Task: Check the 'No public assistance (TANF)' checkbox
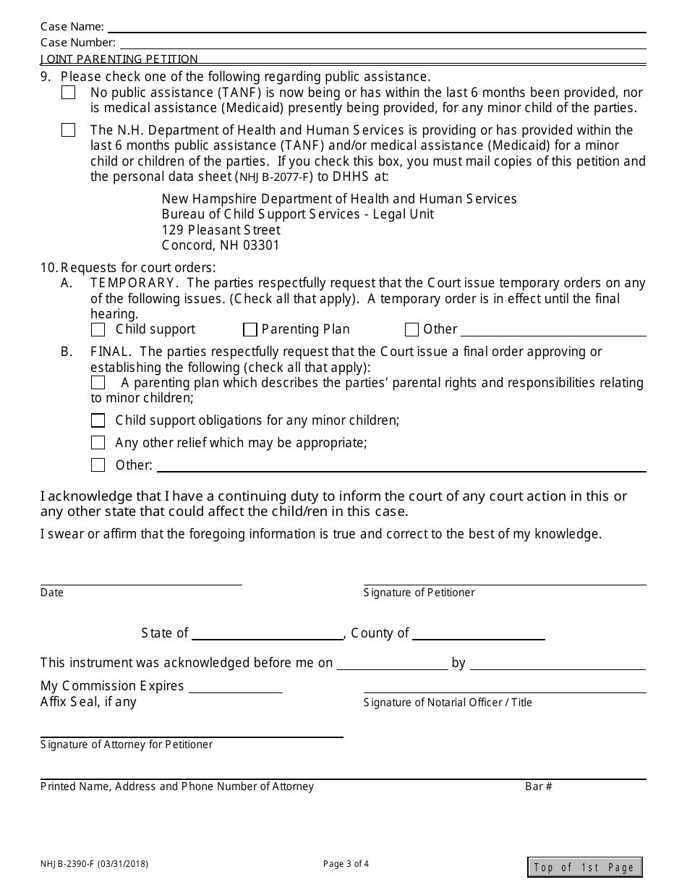coord(68,93)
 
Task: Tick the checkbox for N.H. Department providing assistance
coord(68,130)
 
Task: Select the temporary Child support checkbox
coord(98,330)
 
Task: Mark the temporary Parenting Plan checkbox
coord(250,330)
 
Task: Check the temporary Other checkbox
coord(411,330)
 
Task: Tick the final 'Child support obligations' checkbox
coord(98,420)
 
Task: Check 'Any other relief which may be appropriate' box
coord(98,443)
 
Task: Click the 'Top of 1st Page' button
coord(584,867)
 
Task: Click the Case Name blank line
coord(376,27)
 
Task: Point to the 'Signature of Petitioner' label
coord(419,593)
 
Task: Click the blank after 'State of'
coord(268,634)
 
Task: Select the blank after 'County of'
coord(478,634)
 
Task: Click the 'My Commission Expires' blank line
coord(235,687)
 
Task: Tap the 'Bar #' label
coord(538,787)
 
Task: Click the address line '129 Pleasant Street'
coord(221,230)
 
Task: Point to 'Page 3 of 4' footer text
coord(346,863)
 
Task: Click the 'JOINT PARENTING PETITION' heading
coord(119,59)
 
